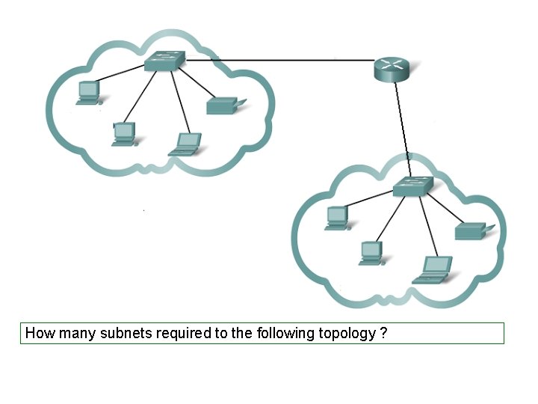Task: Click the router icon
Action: (392, 70)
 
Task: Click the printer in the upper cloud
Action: (221, 105)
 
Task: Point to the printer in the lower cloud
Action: (470, 230)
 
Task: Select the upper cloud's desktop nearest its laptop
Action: (124, 134)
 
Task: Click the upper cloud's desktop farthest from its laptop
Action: (89, 92)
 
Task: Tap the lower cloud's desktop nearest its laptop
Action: (371, 252)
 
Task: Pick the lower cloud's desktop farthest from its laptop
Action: (337, 218)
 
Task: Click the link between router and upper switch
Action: (280, 60)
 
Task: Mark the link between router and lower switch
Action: (403, 127)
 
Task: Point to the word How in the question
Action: (38, 333)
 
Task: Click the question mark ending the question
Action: (383, 333)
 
